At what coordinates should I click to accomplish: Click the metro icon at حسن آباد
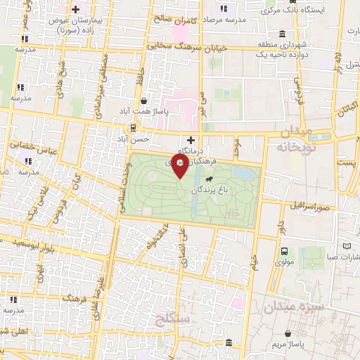click(131, 127)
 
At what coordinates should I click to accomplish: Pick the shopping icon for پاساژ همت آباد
click(143, 100)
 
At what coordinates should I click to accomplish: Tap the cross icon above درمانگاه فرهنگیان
click(191, 140)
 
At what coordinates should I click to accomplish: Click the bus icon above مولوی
click(284, 251)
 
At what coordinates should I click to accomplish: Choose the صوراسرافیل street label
click(308, 207)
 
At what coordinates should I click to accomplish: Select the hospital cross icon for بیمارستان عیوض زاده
click(74, 9)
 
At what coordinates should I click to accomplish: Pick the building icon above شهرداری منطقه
click(282, 34)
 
